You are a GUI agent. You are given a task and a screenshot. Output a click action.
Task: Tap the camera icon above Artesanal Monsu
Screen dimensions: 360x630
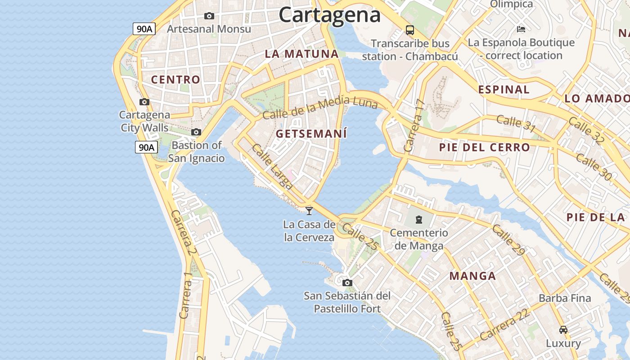209,16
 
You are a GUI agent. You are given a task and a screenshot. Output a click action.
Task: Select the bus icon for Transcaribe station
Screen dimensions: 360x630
409,30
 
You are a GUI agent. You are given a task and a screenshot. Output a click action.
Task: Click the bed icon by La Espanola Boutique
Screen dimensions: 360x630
521,29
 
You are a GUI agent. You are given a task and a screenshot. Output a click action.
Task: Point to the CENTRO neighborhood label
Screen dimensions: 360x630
175,80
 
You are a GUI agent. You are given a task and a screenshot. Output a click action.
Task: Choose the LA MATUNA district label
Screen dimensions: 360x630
301,54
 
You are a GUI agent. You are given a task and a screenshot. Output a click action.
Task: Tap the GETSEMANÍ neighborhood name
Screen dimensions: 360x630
311,134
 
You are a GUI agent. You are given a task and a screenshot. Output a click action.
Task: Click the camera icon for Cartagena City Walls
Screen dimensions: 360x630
144,102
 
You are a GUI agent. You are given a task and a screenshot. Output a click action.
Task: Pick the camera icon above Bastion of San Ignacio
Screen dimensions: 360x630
196,132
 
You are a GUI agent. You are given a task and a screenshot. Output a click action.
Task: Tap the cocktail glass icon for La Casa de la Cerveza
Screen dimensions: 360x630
309,211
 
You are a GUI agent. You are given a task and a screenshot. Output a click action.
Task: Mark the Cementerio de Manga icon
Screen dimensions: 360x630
419,220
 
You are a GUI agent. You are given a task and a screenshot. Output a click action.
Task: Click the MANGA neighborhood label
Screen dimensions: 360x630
472,276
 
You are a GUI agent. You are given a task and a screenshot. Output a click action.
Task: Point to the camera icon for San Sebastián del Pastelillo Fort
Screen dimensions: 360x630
347,283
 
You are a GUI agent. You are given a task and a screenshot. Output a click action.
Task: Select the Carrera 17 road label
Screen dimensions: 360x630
414,125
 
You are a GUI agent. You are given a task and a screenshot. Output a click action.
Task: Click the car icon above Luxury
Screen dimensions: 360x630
563,329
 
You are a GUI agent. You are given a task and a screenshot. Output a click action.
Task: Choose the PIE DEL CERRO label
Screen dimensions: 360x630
484,147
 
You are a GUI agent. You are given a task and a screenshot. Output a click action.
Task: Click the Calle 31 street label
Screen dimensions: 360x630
516,124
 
